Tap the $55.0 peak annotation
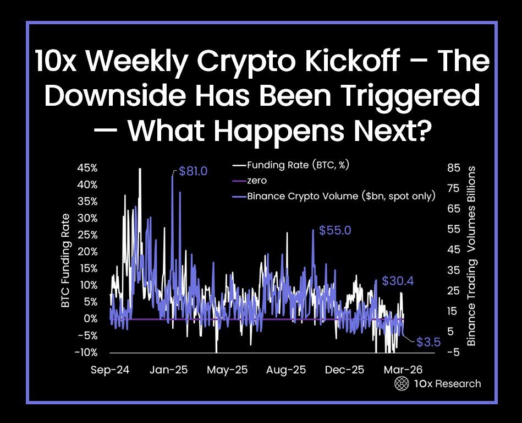pyautogui.click(x=335, y=230)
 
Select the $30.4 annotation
pyautogui.click(x=398, y=281)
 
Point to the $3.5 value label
pyautogui.click(x=428, y=342)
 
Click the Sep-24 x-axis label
pyautogui.click(x=109, y=370)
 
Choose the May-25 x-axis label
pyautogui.click(x=228, y=370)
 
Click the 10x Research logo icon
pyautogui.click(x=402, y=384)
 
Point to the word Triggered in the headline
pyautogui.click(x=415, y=96)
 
